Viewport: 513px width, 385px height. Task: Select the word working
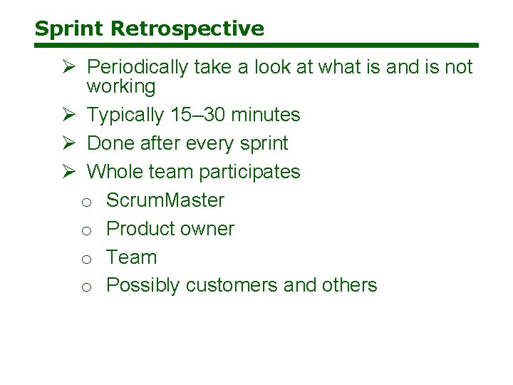click(x=120, y=87)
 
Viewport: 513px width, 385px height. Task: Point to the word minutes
click(x=265, y=115)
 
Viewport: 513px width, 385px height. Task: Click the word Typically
click(x=125, y=115)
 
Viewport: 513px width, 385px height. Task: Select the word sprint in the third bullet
click(x=261, y=143)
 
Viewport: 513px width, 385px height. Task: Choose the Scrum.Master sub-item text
click(x=165, y=200)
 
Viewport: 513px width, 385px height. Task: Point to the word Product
click(x=139, y=229)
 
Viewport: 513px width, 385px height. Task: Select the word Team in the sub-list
click(x=131, y=257)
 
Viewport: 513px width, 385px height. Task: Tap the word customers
click(x=232, y=285)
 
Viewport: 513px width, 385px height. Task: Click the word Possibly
click(x=142, y=285)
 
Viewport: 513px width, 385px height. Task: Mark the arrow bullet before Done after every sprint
click(x=69, y=143)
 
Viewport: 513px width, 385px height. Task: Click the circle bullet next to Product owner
click(x=85, y=230)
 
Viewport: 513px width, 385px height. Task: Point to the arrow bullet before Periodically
click(x=69, y=67)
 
